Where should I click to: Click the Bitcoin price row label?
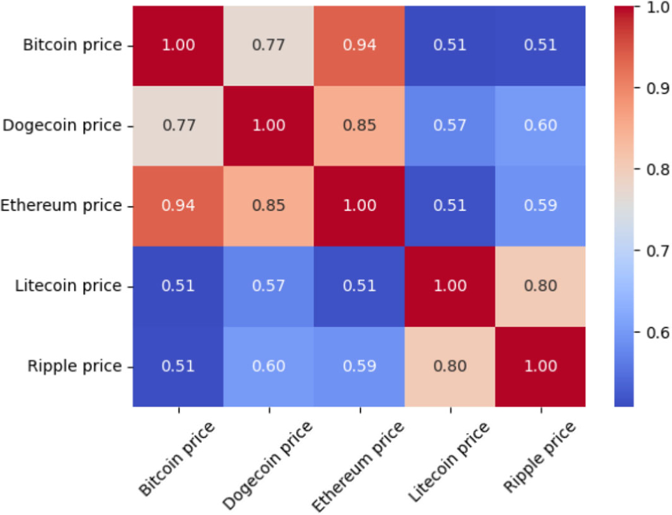click(72, 46)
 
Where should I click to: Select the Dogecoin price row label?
click(62, 126)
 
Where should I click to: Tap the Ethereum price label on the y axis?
click(62, 206)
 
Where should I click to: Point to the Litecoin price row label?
click(68, 286)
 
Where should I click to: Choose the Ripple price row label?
click(74, 366)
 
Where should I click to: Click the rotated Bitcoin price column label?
click(177, 458)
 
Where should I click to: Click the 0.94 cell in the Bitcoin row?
click(360, 46)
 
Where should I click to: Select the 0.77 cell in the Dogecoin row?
click(178, 126)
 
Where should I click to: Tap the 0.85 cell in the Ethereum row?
click(269, 206)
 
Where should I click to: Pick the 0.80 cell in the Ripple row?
click(450, 366)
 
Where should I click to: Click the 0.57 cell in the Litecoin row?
click(269, 286)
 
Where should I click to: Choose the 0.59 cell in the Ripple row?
click(360, 366)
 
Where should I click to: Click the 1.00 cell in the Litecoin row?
click(450, 286)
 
